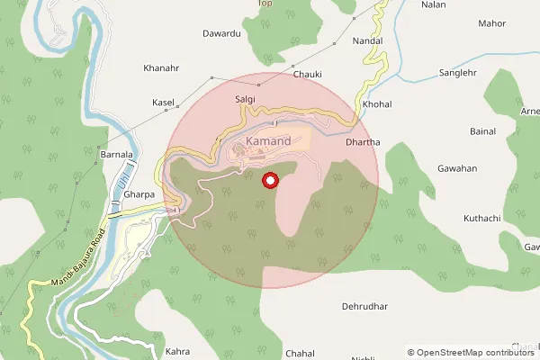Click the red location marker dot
(x=269, y=182)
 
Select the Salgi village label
(x=245, y=99)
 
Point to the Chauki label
(x=308, y=75)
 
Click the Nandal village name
(x=369, y=41)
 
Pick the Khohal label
(x=377, y=104)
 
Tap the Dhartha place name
(x=363, y=142)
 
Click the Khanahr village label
(x=162, y=67)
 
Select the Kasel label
(x=163, y=103)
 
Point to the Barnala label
(x=116, y=155)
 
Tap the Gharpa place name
(x=139, y=193)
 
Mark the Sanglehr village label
(x=456, y=72)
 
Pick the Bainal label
(x=482, y=131)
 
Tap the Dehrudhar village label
(x=364, y=306)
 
